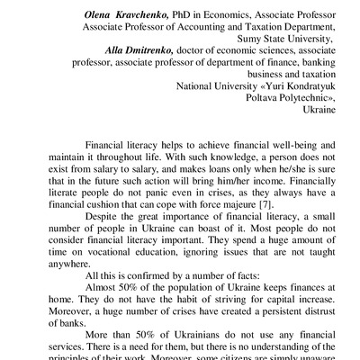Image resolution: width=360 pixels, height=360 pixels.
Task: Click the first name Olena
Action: (100, 13)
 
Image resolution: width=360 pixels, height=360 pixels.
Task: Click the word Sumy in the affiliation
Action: (255, 40)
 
